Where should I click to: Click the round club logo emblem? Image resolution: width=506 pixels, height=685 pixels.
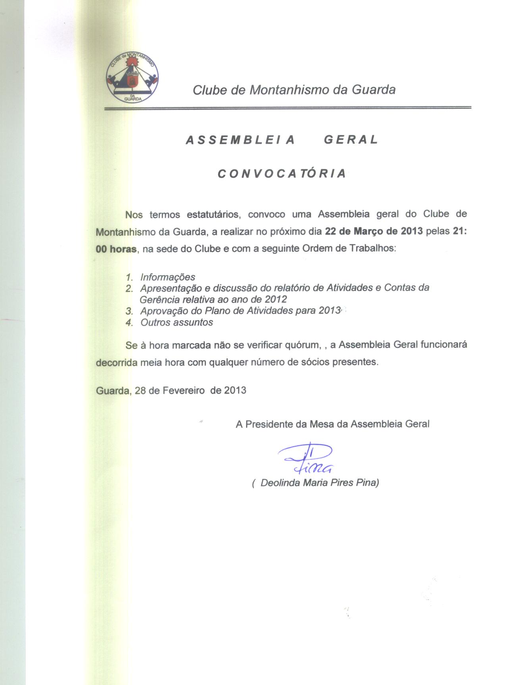coord(132,77)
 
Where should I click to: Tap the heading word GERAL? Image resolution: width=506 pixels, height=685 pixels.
coord(351,140)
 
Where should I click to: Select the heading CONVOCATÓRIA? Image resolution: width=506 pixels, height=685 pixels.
coord(282,174)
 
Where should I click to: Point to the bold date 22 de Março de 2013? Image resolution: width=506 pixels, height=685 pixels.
coord(374,232)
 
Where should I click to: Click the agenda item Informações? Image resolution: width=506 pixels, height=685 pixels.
coord(167,277)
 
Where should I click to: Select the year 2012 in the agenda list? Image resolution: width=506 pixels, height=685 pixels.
coord(276,299)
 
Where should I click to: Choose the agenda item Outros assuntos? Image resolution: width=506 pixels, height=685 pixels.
coord(177,322)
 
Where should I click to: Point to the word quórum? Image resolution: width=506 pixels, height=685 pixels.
coord(302,345)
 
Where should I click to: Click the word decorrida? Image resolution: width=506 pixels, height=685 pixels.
coord(117,363)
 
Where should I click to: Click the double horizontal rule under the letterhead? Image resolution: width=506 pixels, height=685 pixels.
coord(287,108)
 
